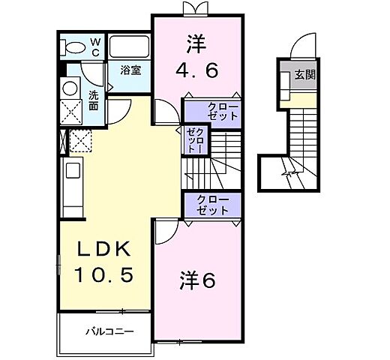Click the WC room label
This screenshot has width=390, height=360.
[96, 47]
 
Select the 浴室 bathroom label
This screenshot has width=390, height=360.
[131, 70]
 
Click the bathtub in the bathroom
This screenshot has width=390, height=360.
[130, 47]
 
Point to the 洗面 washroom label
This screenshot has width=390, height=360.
[93, 100]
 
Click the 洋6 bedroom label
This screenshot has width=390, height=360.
[197, 280]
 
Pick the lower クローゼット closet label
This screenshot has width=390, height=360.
[213, 204]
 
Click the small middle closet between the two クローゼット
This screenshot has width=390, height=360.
[195, 140]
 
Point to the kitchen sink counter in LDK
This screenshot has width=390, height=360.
[73, 187]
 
